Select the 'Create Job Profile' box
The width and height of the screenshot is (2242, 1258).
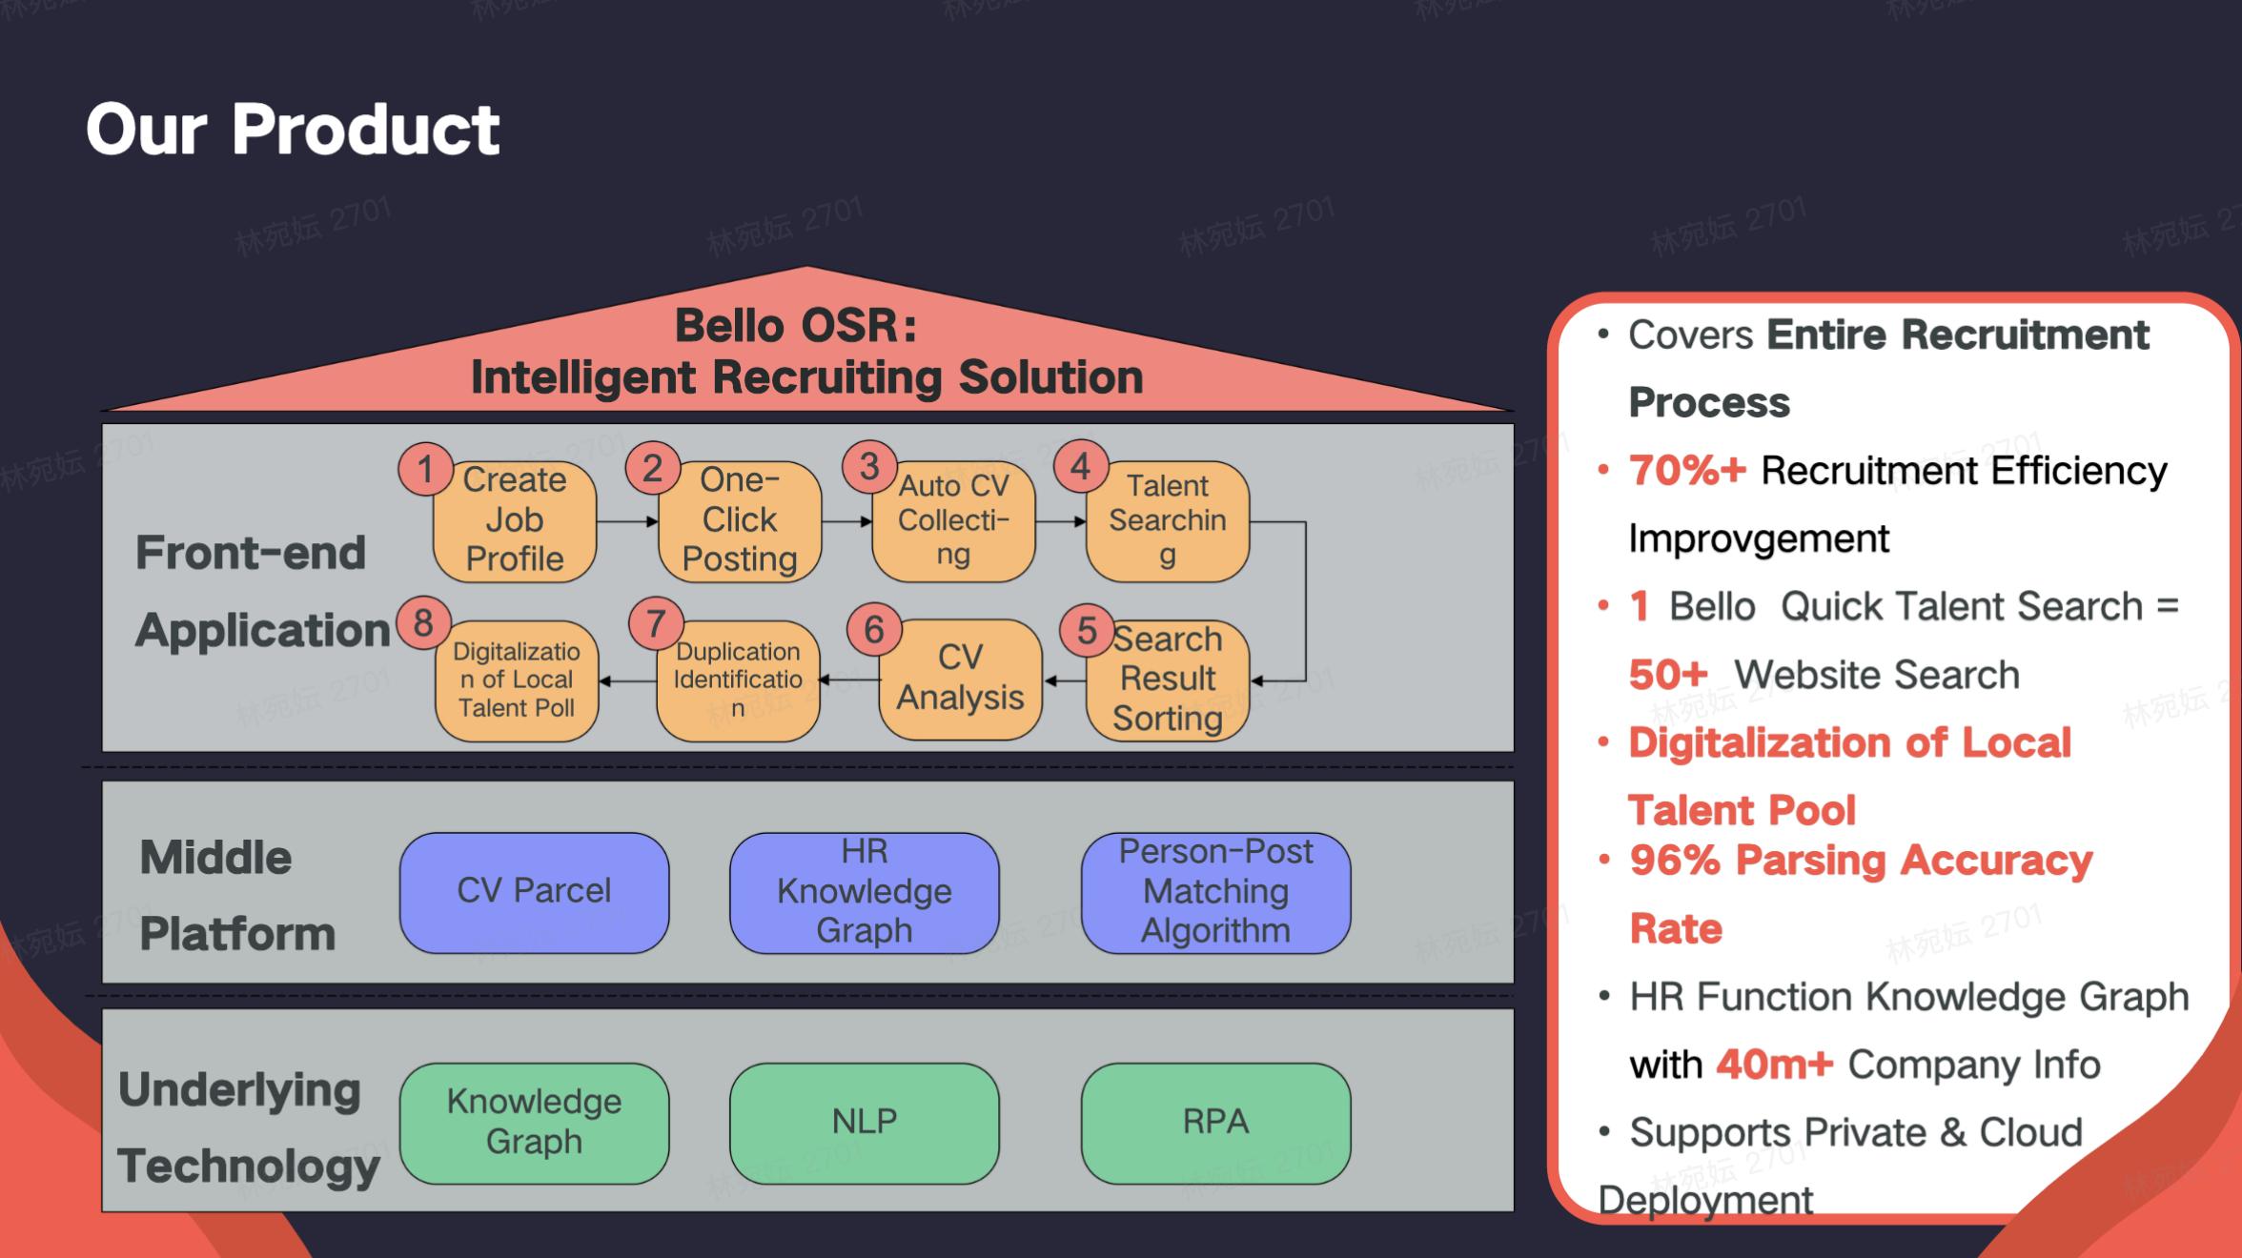(x=515, y=520)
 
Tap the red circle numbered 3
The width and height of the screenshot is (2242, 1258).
(x=869, y=467)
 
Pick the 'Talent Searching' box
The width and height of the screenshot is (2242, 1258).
(x=1168, y=520)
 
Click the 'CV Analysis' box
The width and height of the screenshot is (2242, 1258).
(x=960, y=679)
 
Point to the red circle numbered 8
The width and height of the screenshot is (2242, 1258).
(x=423, y=623)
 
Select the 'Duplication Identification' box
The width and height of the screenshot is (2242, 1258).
(x=738, y=680)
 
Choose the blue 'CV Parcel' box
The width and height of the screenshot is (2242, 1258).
(x=534, y=891)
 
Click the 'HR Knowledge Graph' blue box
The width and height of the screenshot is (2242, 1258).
(x=865, y=891)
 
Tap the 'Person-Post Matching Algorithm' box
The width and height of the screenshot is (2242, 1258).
(x=1215, y=891)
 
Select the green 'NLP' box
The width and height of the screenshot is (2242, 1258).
(x=865, y=1122)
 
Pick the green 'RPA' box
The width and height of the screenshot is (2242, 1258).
(x=1215, y=1122)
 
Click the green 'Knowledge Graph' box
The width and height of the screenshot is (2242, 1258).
(x=534, y=1122)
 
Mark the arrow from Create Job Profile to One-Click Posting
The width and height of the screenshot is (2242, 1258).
(x=627, y=521)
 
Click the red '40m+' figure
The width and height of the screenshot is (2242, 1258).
(x=1774, y=1065)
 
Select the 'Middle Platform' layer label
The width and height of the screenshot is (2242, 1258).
(x=236, y=896)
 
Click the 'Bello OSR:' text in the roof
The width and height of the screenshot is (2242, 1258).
(x=796, y=326)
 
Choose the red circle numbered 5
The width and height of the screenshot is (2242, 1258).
(x=1087, y=630)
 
